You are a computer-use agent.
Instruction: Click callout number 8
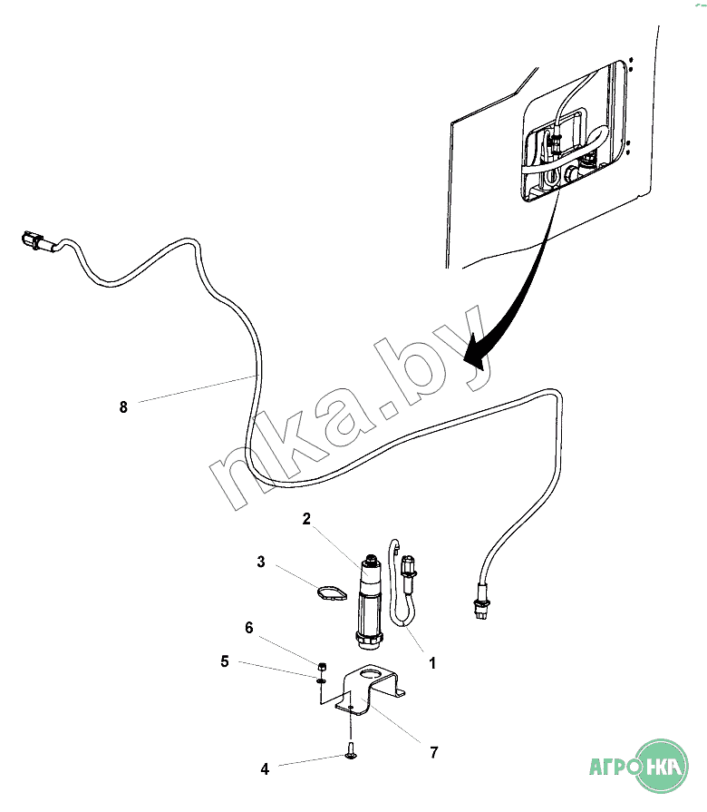click(123, 407)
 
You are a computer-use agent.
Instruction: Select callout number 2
click(306, 519)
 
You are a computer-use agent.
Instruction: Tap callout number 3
click(261, 563)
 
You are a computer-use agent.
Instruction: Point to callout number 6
click(248, 628)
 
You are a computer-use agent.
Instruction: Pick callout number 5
click(224, 661)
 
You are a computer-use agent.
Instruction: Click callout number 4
click(265, 769)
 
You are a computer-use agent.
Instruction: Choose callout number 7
click(433, 752)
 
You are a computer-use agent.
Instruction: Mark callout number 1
click(432, 664)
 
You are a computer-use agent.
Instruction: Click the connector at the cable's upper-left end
click(33, 242)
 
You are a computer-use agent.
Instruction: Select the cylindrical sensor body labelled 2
click(368, 599)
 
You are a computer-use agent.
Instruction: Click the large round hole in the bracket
click(373, 675)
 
